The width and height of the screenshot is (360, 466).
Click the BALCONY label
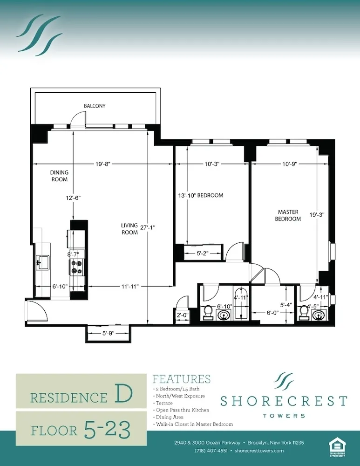[x=95, y=106]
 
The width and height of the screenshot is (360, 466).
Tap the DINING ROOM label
[x=59, y=176]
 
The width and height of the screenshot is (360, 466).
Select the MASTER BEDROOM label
[x=287, y=215]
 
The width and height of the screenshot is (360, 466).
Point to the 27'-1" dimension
[x=147, y=227]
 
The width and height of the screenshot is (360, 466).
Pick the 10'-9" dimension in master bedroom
[x=289, y=164]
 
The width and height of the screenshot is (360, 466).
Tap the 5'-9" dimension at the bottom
[x=108, y=333]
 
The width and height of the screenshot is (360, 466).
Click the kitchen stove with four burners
[x=76, y=267]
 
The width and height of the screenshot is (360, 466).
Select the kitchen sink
[x=43, y=262]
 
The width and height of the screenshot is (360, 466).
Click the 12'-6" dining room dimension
[x=73, y=198]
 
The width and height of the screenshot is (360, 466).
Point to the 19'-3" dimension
[x=317, y=215]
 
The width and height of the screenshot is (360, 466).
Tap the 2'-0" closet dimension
[x=181, y=315]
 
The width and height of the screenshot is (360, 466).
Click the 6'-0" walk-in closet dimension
[x=272, y=313]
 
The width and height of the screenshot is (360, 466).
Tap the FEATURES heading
[x=182, y=379]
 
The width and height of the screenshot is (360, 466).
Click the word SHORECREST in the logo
[x=283, y=401]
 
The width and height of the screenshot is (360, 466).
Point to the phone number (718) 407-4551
[x=208, y=451]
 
